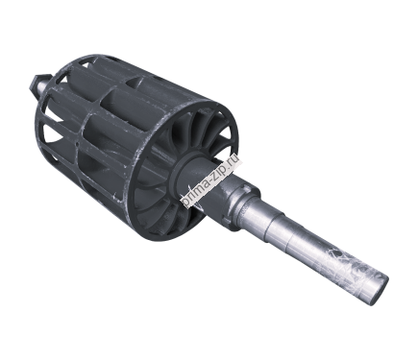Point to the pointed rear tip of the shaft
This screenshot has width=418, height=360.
tap(32, 84)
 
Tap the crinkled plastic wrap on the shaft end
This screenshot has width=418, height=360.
tap(346, 269)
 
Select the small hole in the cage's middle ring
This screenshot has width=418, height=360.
tap(79, 146)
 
